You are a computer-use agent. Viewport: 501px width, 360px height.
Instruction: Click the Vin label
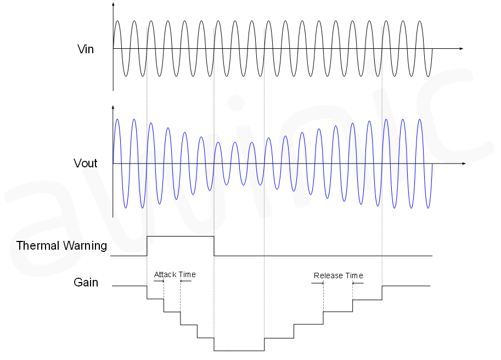(86, 49)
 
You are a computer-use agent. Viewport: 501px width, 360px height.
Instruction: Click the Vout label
(86, 163)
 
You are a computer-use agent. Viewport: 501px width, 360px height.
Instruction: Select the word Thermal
(37, 245)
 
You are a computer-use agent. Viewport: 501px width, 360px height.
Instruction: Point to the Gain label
(86, 283)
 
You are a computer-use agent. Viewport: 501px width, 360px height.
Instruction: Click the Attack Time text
(174, 274)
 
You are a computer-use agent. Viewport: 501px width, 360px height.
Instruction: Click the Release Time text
(338, 275)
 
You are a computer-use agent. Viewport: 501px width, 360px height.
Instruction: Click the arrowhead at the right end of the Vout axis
(464, 164)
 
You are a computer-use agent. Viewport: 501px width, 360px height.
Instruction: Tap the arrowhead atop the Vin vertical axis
(113, 4)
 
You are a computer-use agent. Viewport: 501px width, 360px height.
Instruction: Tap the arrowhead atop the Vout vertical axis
(113, 108)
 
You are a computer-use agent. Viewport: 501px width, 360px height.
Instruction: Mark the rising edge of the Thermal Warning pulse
(147, 246)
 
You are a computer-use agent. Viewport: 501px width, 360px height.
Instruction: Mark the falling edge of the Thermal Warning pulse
(214, 246)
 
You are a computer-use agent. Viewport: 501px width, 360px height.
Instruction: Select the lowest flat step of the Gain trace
(239, 350)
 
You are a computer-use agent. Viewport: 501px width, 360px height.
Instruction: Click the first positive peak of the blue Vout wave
(117, 119)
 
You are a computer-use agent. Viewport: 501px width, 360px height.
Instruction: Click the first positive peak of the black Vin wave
(117, 21)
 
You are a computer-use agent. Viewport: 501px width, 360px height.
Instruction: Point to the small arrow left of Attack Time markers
(160, 281)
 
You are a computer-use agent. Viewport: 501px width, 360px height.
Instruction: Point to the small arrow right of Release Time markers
(358, 283)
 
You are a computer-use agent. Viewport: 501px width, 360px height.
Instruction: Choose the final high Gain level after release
(406, 286)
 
